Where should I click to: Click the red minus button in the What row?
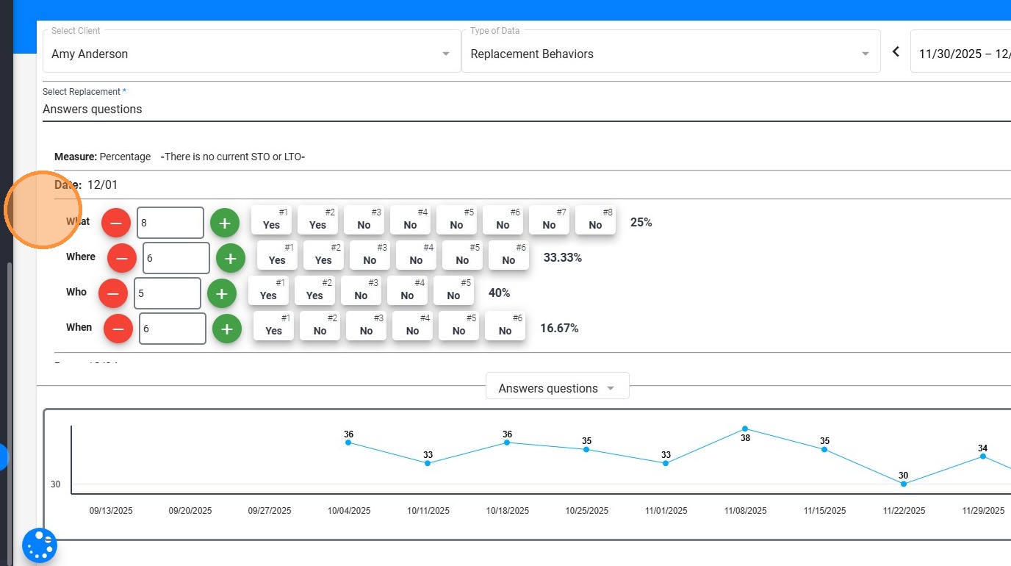click(116, 222)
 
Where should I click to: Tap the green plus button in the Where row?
click(230, 258)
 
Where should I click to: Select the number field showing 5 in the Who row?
click(168, 293)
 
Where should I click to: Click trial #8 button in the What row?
click(595, 221)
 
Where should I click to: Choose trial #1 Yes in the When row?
click(273, 326)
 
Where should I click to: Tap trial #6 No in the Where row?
click(508, 256)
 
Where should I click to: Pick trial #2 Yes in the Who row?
click(314, 291)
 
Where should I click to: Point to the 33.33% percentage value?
click(563, 257)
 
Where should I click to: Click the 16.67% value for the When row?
click(559, 328)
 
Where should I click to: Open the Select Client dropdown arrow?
click(446, 54)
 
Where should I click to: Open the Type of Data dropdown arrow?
click(866, 54)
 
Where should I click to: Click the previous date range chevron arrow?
click(896, 51)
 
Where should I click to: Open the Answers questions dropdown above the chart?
click(557, 388)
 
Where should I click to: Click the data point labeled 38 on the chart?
click(745, 429)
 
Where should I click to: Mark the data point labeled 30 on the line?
click(904, 484)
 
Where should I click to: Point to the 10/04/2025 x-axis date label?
click(349, 511)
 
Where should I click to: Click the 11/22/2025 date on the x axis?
click(904, 511)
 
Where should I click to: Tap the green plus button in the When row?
click(227, 329)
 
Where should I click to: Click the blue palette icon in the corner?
click(40, 545)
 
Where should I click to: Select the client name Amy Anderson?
click(90, 54)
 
